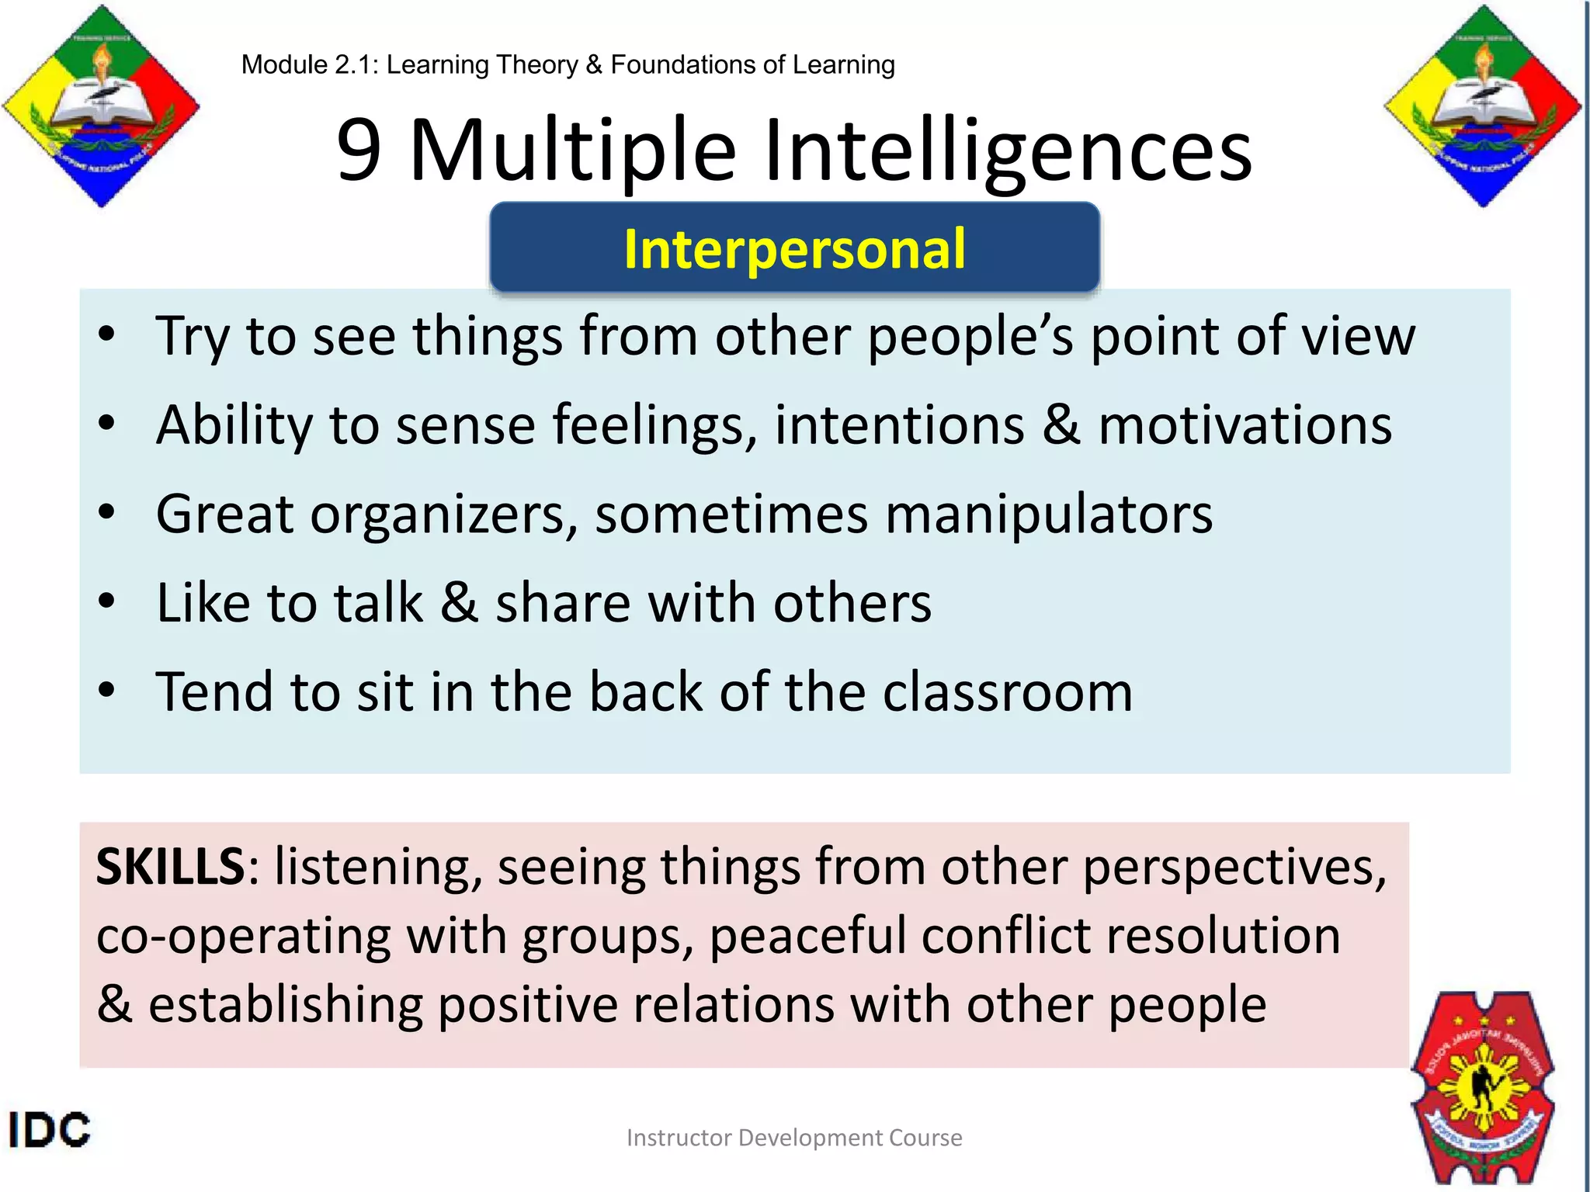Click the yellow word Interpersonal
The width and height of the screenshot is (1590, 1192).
794,249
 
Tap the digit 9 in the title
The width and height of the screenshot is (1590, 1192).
359,150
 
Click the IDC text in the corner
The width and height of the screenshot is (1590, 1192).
49,1129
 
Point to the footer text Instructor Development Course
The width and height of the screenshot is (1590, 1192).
794,1138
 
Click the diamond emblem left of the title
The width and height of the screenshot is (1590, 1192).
101,106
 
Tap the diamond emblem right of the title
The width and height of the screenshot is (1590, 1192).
1483,106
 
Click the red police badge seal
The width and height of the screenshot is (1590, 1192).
1483,1086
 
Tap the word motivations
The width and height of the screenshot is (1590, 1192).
1245,425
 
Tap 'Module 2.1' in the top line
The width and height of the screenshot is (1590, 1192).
307,64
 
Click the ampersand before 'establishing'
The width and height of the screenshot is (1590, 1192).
115,1003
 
